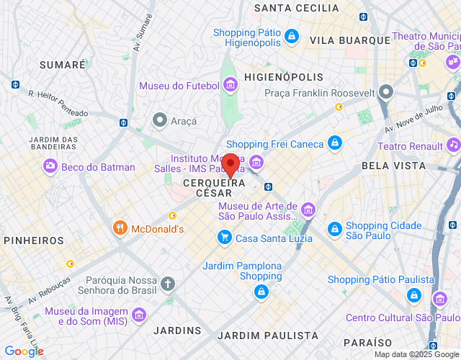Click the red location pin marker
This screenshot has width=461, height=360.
point(230,165)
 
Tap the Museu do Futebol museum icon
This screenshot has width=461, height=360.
point(230,86)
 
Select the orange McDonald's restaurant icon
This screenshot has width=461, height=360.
point(120,229)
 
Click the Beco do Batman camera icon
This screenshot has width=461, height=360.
point(50,167)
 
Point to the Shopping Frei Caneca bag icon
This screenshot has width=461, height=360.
point(334,144)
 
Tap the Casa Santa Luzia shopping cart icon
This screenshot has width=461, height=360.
point(225,238)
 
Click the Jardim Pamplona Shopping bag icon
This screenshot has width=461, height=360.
point(261,292)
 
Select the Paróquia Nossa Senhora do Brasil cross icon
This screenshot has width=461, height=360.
point(167,284)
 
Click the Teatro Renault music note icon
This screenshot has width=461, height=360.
point(453,146)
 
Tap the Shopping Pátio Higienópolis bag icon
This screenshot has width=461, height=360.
point(291,35)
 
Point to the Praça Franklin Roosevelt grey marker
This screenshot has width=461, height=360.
point(387,92)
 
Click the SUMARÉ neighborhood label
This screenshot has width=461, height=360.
point(63,65)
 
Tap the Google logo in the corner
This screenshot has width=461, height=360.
point(23,351)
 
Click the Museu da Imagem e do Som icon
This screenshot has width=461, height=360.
point(138,315)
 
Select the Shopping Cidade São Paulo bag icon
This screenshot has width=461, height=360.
point(334,230)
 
